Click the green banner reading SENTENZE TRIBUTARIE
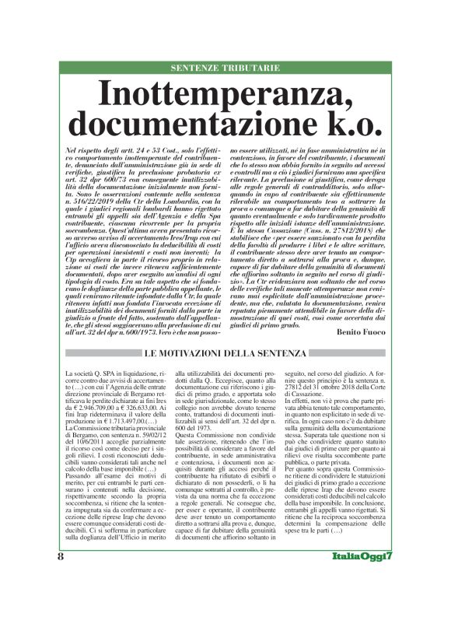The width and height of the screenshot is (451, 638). tap(225, 68)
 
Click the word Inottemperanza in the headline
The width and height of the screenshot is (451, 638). tap(225, 95)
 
